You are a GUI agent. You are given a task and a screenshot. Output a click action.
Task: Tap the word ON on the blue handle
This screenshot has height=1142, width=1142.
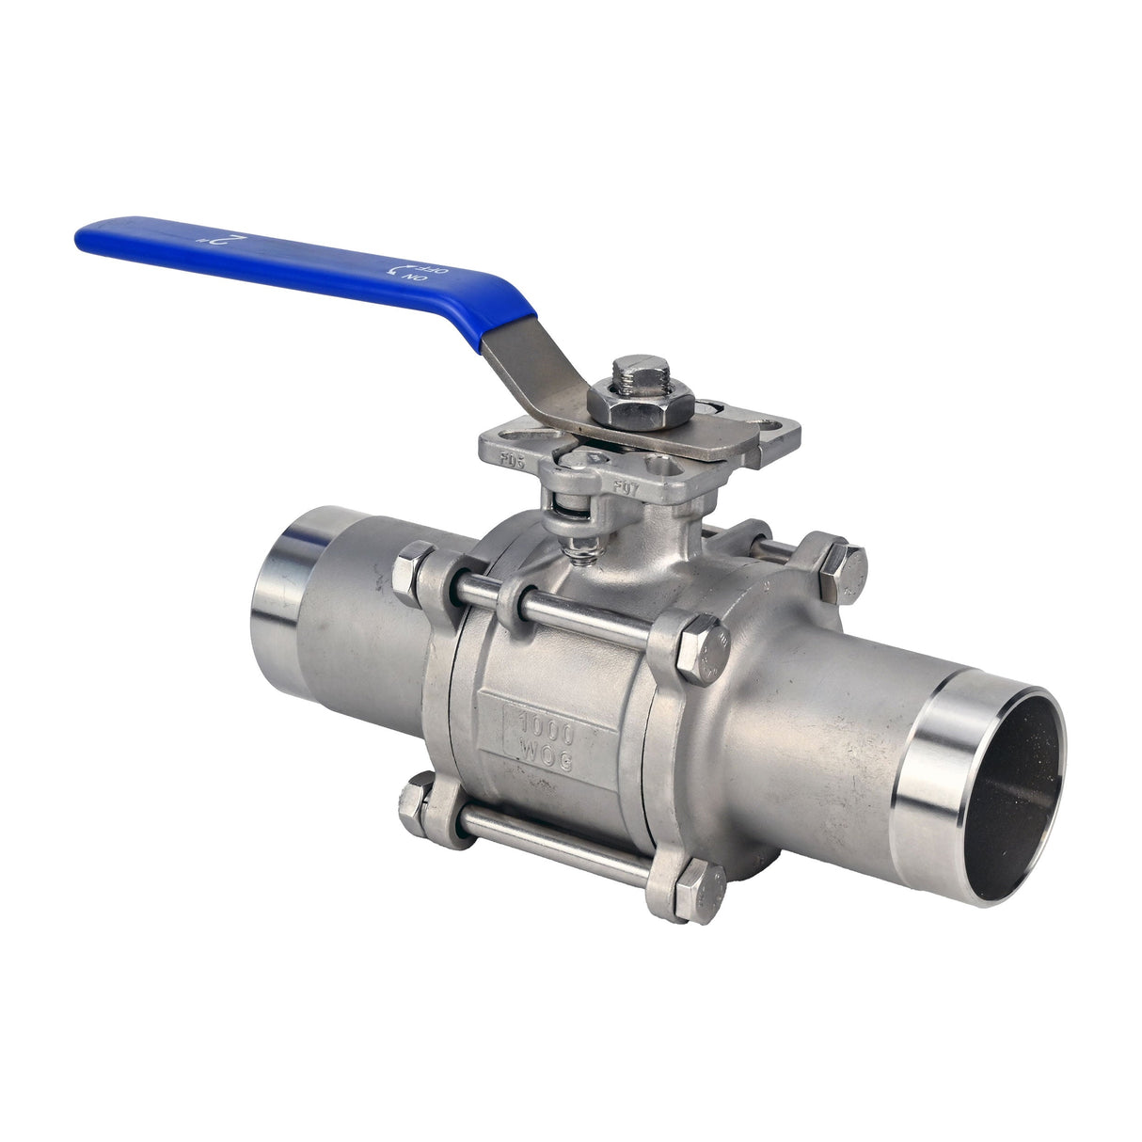tap(409, 280)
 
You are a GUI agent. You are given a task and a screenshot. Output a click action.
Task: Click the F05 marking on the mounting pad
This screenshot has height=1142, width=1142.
tap(513, 460)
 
